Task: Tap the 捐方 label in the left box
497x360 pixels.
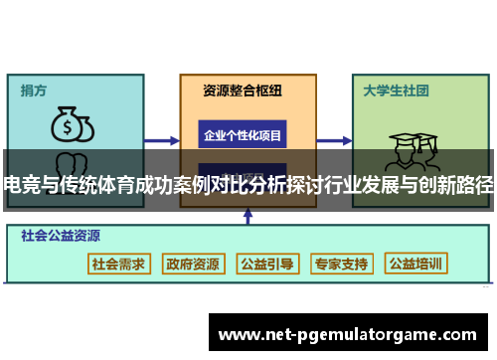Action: (x=34, y=90)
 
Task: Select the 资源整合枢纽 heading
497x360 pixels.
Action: (x=243, y=90)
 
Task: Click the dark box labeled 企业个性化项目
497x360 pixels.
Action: (x=243, y=135)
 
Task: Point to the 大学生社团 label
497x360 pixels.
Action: (x=396, y=90)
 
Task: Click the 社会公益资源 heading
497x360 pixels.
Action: (x=63, y=237)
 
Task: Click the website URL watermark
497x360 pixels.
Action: (x=353, y=334)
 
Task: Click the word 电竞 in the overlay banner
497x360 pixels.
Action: (x=19, y=183)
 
